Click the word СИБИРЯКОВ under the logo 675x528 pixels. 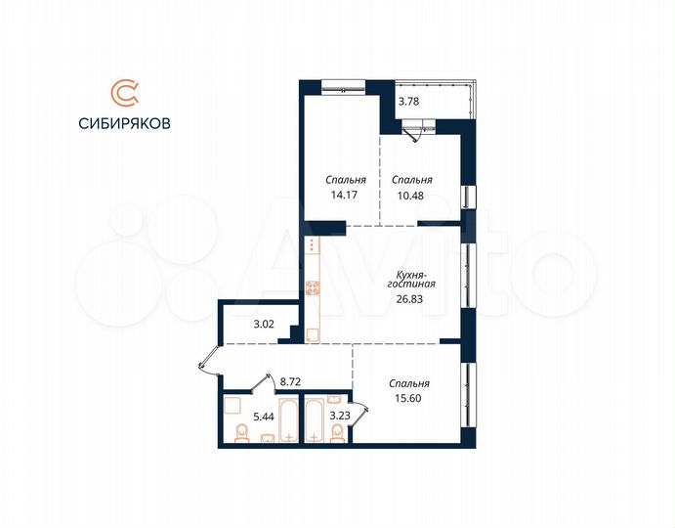pyautogui.click(x=125, y=124)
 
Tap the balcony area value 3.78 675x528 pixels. pyautogui.click(x=409, y=99)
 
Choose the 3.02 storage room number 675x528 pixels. pyautogui.click(x=264, y=324)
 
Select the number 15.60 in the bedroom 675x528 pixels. pyautogui.click(x=408, y=399)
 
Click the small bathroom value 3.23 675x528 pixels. pyautogui.click(x=339, y=417)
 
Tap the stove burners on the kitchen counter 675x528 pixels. pyautogui.click(x=313, y=287)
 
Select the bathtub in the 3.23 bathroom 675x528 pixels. pyautogui.click(x=316, y=420)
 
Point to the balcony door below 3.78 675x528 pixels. pyautogui.click(x=421, y=130)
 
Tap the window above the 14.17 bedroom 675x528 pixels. pyautogui.click(x=345, y=85)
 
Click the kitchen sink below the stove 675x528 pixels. pyautogui.click(x=312, y=333)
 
